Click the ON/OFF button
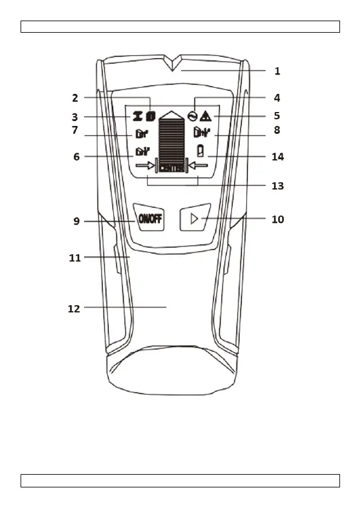tap(149, 218)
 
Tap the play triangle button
tap(195, 217)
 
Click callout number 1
tap(277, 71)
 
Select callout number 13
tap(278, 186)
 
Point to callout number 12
tap(74, 309)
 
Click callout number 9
tap(76, 221)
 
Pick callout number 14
tap(278, 157)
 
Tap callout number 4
tap(277, 98)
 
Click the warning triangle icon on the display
tap(206, 116)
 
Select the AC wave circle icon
tap(192, 116)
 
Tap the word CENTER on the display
tap(172, 168)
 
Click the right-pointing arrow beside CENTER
tap(145, 166)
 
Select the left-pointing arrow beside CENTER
tap(198, 166)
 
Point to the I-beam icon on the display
tap(137, 116)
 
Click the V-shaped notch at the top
tap(172, 63)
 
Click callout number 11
tap(75, 258)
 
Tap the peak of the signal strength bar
tap(172, 111)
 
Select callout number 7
tap(75, 130)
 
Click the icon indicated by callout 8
tap(201, 133)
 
